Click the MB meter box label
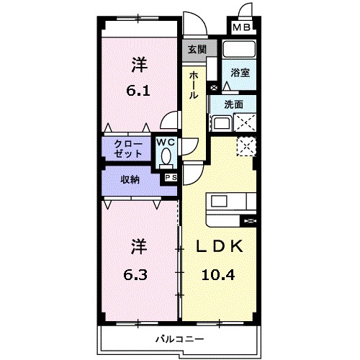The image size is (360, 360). (x=241, y=27)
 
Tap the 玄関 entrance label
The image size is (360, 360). (x=197, y=50)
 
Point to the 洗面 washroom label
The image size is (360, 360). (x=234, y=104)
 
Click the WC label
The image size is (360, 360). (x=166, y=142)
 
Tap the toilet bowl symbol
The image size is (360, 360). (x=166, y=155)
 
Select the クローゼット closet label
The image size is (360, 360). (x=127, y=148)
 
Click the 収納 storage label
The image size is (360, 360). (x=130, y=180)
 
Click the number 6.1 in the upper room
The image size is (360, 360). (x=138, y=91)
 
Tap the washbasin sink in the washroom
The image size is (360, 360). (x=219, y=123)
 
